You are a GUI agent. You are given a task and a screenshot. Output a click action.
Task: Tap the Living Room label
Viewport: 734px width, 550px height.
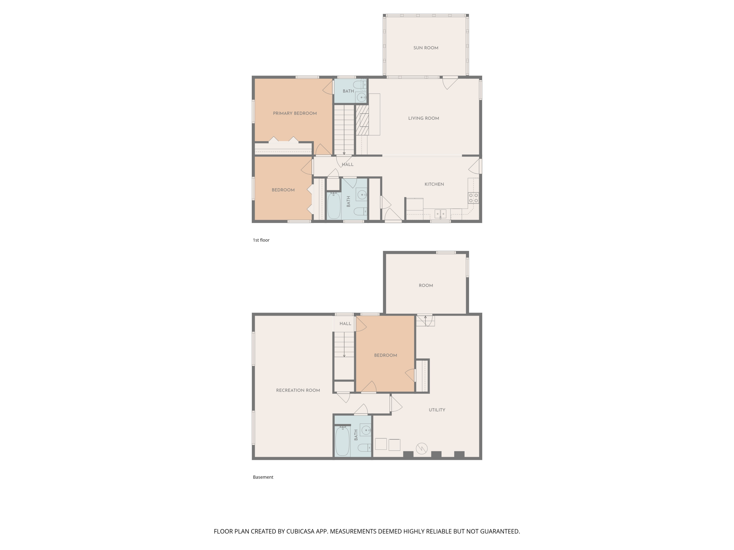pyautogui.click(x=424, y=118)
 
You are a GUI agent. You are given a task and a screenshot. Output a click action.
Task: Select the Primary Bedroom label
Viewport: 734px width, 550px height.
pyautogui.click(x=295, y=113)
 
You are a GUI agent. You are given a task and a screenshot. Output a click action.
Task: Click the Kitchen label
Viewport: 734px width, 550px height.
pyautogui.click(x=434, y=184)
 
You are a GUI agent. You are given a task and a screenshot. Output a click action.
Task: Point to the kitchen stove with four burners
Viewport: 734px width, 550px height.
pyautogui.click(x=473, y=198)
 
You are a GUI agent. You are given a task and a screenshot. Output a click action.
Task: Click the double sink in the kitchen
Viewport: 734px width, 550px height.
pyautogui.click(x=440, y=214)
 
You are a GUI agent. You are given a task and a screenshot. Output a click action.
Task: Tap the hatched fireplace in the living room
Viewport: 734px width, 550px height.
pyautogui.click(x=363, y=120)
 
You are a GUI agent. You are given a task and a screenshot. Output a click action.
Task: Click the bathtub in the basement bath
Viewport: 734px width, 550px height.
pyautogui.click(x=342, y=441)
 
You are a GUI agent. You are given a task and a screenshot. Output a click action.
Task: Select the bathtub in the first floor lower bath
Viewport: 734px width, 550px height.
pyautogui.click(x=334, y=206)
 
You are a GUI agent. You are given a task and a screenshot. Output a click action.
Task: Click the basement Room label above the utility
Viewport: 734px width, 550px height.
pyautogui.click(x=426, y=286)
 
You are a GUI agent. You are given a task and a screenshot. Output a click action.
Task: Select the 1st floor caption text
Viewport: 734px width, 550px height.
pyautogui.click(x=261, y=240)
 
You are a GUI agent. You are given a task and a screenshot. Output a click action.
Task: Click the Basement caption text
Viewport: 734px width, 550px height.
pyautogui.click(x=263, y=477)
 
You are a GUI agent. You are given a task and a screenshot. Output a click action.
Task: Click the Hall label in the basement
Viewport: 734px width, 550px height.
pyautogui.click(x=345, y=324)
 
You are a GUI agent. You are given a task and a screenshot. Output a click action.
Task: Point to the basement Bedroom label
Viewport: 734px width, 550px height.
pyautogui.click(x=385, y=355)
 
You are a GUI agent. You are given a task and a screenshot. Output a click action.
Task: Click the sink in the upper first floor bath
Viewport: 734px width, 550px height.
pyautogui.click(x=361, y=98)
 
